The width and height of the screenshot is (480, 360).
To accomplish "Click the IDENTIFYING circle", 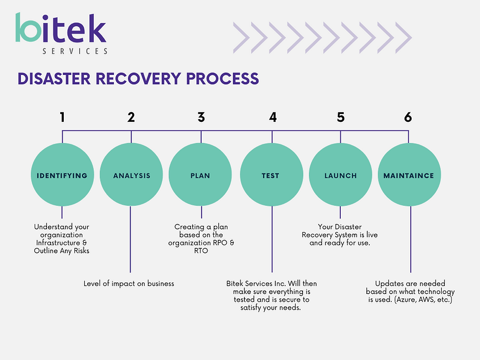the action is click(62, 174).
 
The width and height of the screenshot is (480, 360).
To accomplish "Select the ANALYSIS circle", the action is click(131, 174).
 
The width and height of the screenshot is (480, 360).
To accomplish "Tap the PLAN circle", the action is click(200, 174).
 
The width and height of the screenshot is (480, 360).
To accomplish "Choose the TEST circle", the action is click(271, 174).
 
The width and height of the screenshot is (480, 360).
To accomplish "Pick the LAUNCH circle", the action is click(340, 174).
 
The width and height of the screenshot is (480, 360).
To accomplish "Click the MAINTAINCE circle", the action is click(409, 174).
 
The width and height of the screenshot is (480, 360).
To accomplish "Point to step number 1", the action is click(62, 117).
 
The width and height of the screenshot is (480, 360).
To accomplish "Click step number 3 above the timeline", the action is click(201, 117).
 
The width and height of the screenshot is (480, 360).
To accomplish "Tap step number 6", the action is click(408, 117).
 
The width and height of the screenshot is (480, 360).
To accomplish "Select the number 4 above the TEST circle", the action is click(273, 117).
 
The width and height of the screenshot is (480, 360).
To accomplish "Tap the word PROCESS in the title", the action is click(222, 79).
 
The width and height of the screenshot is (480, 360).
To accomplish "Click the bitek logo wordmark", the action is click(61, 28).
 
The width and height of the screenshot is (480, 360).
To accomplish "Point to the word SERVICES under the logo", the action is click(75, 51).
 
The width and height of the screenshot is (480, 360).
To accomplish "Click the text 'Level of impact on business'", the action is click(129, 284).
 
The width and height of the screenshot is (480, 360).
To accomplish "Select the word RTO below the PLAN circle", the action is click(201, 251).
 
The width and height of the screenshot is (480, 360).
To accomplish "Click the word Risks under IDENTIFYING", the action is click(82, 251).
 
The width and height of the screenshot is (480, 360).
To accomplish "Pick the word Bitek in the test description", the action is click(235, 284).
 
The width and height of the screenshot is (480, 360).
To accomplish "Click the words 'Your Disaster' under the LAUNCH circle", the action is click(340, 227).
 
